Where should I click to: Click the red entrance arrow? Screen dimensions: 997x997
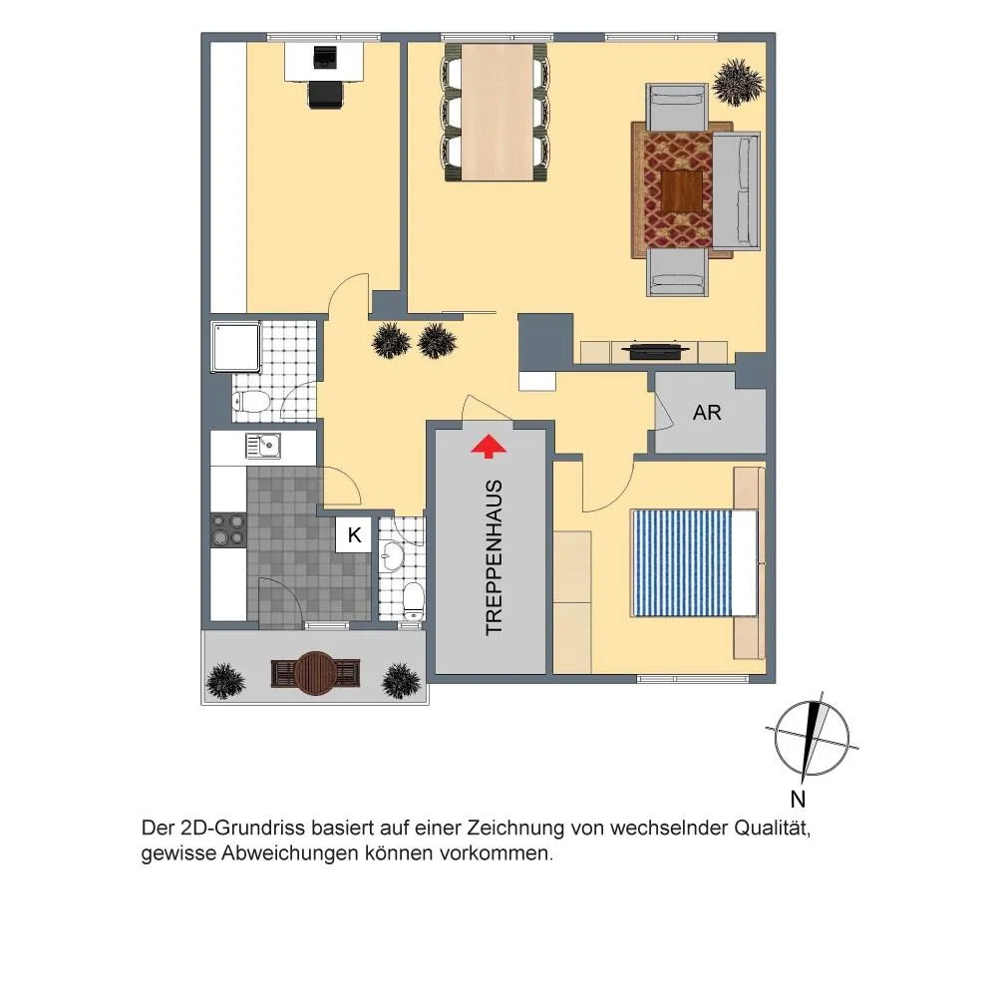point(489,446)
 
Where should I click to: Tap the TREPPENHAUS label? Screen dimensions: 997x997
point(495,557)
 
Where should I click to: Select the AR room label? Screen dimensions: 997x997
point(707,413)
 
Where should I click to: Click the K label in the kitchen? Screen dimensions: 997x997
point(354,535)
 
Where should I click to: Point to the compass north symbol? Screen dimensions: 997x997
point(812,739)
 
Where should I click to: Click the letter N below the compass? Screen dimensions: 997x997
point(798,799)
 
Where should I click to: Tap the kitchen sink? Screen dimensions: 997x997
point(263,446)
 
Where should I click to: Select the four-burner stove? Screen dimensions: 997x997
point(228,529)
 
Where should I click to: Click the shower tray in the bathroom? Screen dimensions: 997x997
point(236,347)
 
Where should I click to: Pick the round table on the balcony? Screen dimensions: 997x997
point(315,673)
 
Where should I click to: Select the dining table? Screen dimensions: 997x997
point(498,112)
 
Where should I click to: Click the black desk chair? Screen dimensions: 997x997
point(325,96)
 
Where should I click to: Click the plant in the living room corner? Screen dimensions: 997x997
point(738,82)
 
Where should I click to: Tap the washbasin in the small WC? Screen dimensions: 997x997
point(389,557)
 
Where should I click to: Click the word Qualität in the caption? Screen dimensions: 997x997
point(773,830)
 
